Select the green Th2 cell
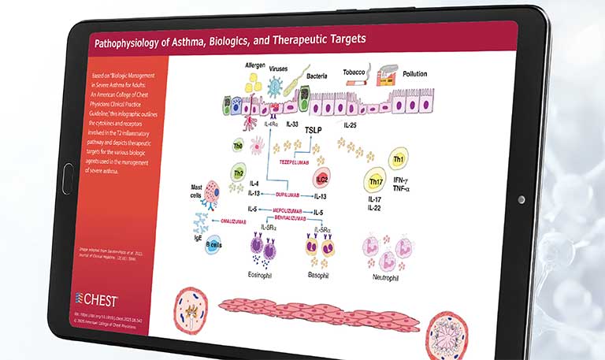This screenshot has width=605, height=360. click(x=238, y=173)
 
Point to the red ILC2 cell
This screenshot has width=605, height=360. click(x=321, y=178)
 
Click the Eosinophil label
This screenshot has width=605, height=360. click(x=261, y=275)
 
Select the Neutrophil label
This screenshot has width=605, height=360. click(x=387, y=276)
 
